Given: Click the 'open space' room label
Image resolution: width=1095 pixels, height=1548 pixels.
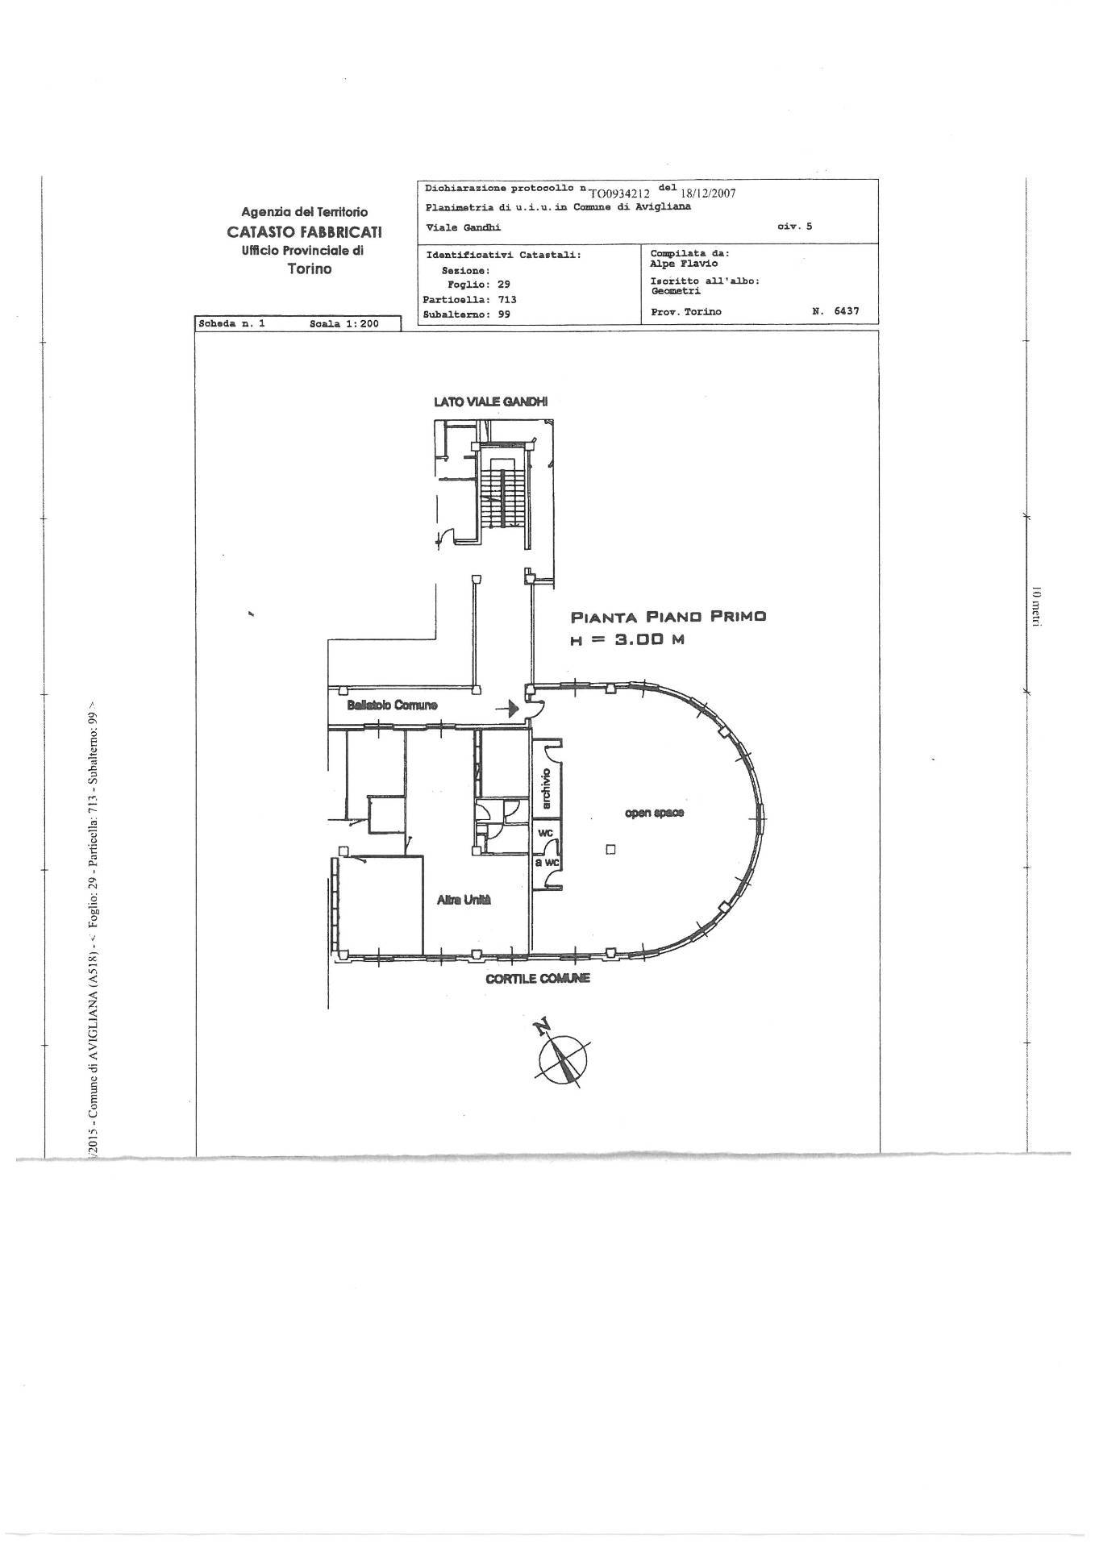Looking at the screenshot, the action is coord(654,813).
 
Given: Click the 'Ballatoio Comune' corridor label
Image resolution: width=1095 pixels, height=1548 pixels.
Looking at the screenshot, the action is coord(393,705).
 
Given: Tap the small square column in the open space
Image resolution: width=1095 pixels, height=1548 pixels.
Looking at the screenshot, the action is coord(610,849).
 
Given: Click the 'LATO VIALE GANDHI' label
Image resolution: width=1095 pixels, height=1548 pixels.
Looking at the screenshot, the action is coord(491,402).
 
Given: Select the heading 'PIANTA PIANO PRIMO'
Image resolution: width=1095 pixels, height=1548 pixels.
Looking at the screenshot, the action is coord(668,617).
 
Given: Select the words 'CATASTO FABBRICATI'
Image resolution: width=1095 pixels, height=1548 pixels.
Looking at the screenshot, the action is coord(304,231).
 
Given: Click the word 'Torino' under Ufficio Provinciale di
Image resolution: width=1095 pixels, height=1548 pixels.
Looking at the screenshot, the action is coord(310,268).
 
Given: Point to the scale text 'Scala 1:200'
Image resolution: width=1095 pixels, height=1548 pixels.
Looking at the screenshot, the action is coord(343,323).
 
